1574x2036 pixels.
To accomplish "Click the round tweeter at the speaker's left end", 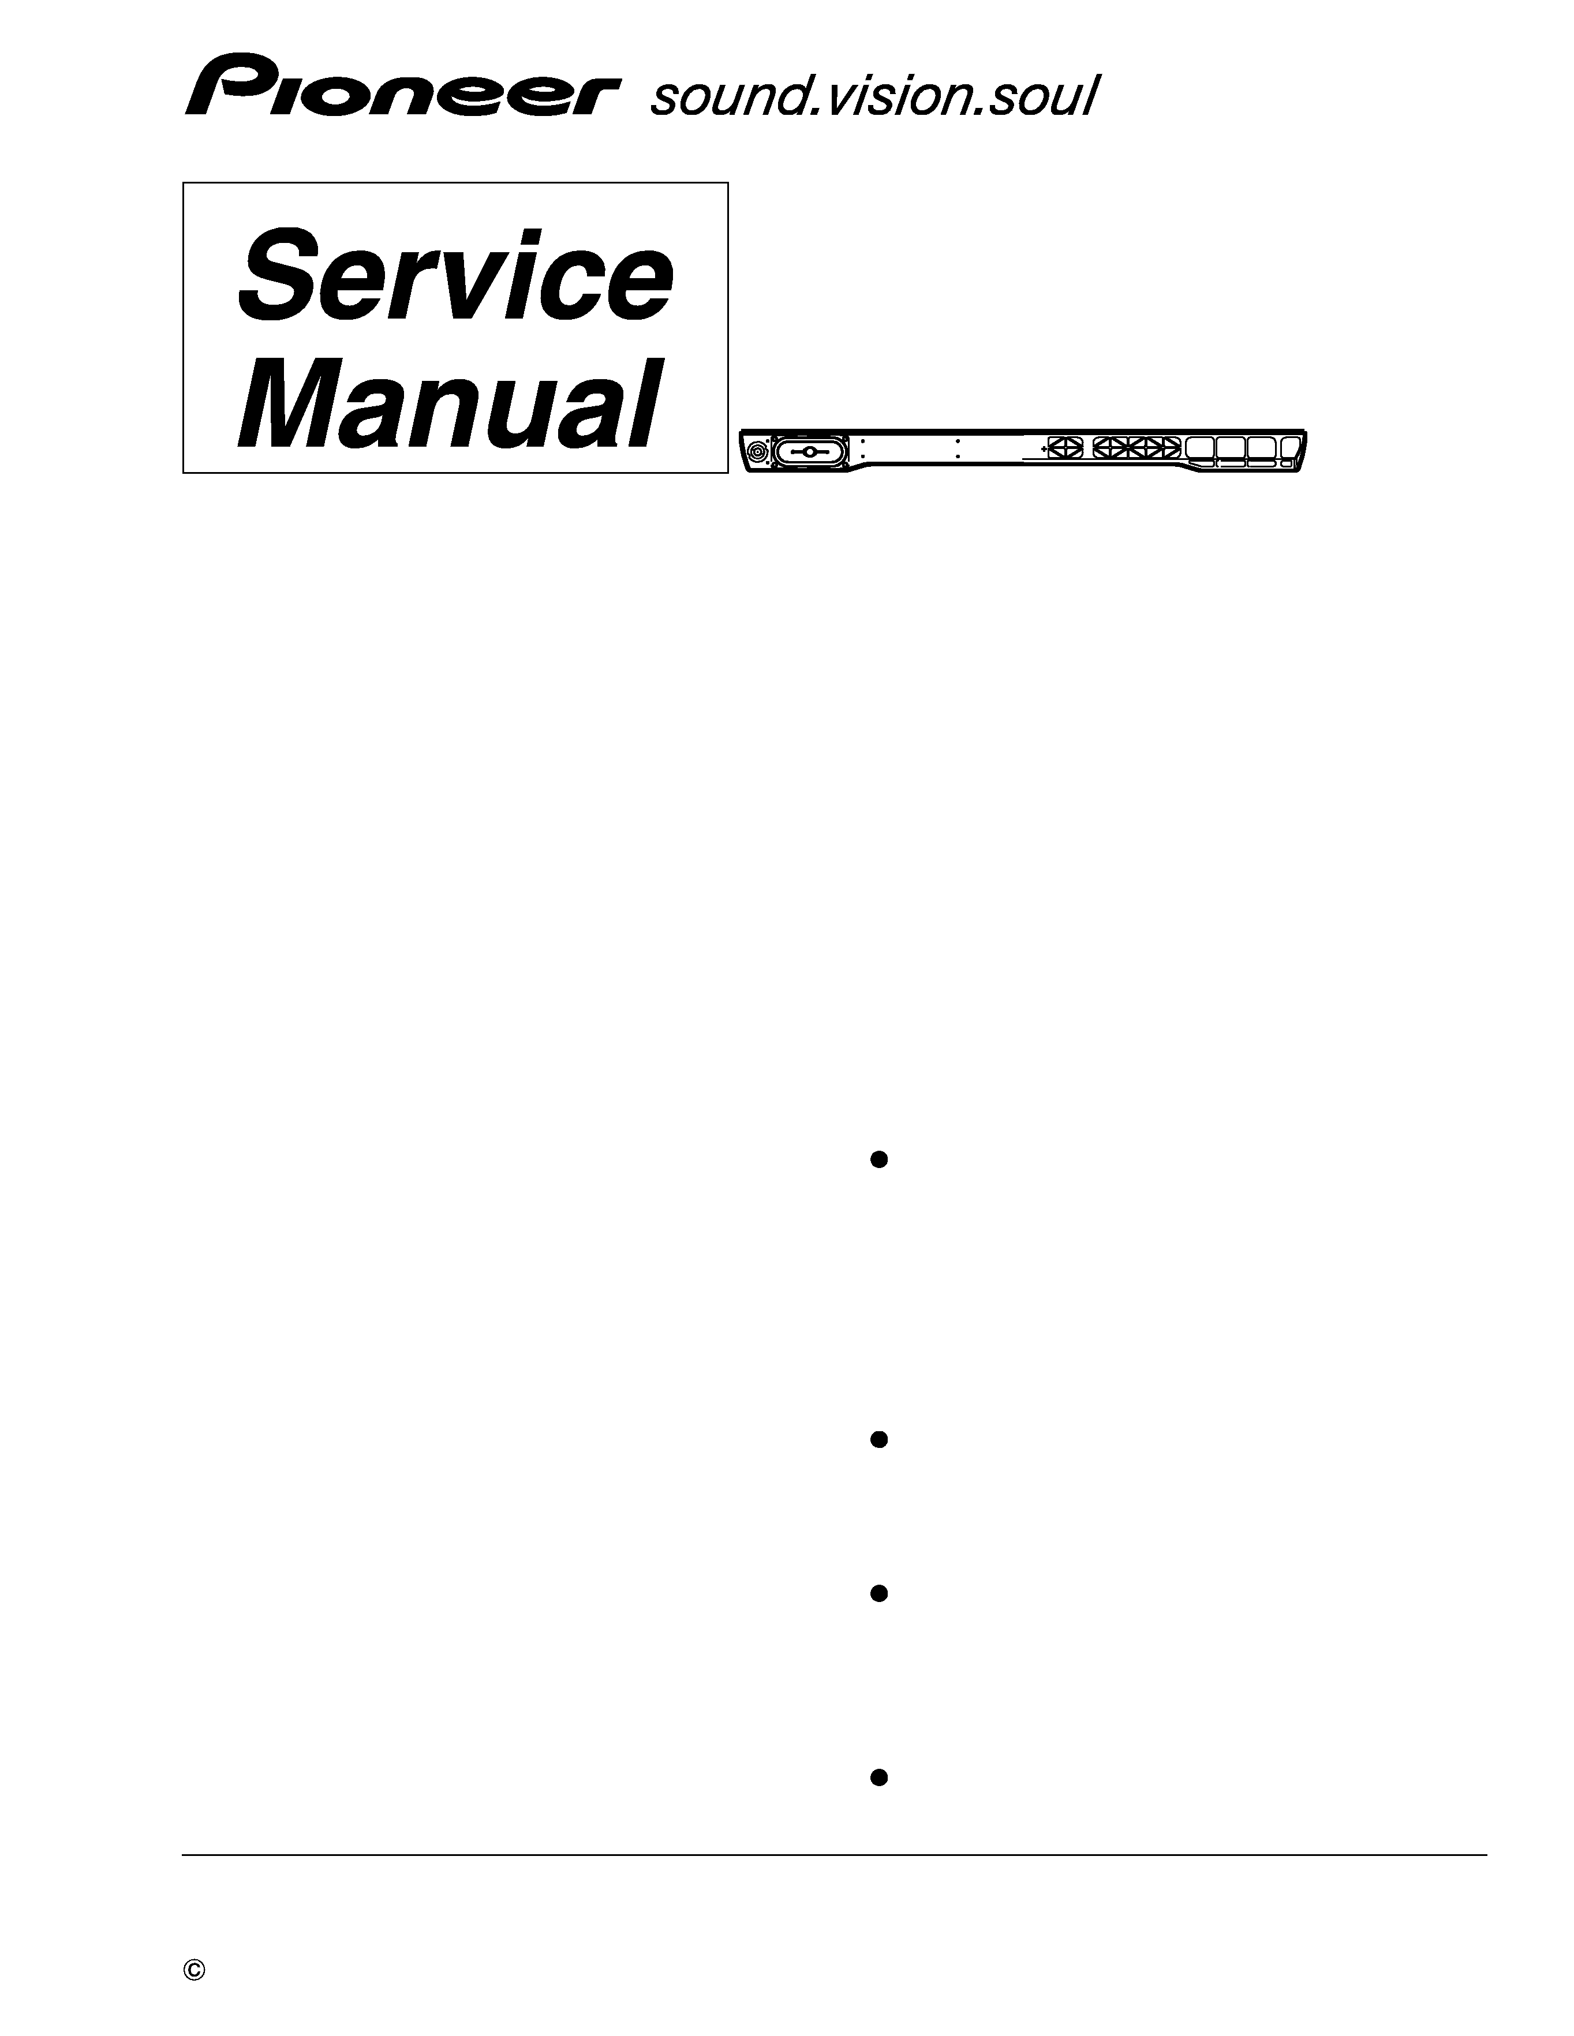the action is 758,452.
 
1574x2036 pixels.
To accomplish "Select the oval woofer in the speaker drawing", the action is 809,452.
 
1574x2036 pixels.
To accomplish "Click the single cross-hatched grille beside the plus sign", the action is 1064,447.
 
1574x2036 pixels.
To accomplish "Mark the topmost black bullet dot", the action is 877,1160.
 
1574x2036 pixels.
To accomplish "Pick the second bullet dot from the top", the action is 877,1439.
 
